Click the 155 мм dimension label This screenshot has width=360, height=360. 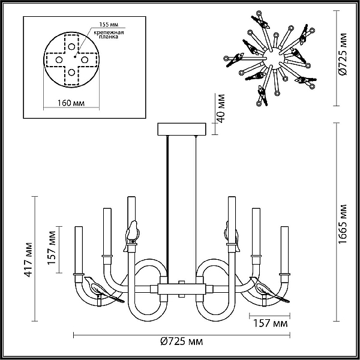tap(109, 25)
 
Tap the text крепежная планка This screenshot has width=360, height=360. tap(109, 34)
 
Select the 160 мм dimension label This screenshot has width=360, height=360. tap(71, 103)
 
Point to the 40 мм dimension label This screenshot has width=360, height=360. tap(221, 109)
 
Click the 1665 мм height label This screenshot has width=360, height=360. tap(343, 224)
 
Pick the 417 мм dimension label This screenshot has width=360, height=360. tap(28, 260)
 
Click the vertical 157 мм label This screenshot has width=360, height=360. tap(52, 248)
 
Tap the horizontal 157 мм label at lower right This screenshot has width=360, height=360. tap(270, 323)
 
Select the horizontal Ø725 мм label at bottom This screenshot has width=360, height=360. tap(181, 341)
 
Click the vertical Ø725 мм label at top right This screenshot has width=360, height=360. tap(343, 54)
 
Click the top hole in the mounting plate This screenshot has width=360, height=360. tap(71, 47)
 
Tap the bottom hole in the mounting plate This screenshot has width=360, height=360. tap(71, 73)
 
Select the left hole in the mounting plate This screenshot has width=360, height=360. tap(59, 60)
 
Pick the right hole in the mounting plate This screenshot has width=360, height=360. tap(85, 60)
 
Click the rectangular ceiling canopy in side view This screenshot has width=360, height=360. tap(182, 129)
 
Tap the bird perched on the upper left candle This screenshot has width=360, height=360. tap(132, 235)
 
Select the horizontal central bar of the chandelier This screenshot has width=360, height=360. tap(181, 289)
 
